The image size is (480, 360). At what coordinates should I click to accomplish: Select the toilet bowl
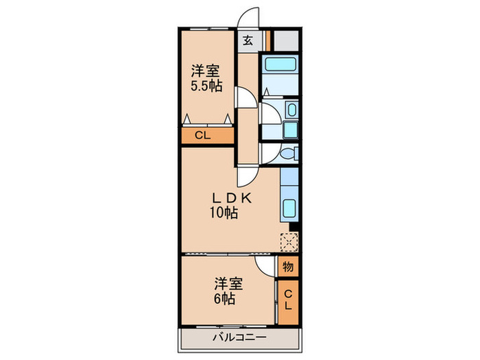click(290, 154)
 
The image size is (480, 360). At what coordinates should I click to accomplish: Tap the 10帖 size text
click(224, 213)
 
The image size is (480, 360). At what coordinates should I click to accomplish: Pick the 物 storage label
click(288, 265)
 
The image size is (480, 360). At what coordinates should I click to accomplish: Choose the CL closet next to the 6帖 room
click(288, 300)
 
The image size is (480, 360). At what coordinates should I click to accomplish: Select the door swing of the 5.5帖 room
click(245, 97)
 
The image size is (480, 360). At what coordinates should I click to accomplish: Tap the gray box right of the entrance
click(287, 40)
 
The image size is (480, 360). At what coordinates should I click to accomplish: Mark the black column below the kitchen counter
click(293, 227)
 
